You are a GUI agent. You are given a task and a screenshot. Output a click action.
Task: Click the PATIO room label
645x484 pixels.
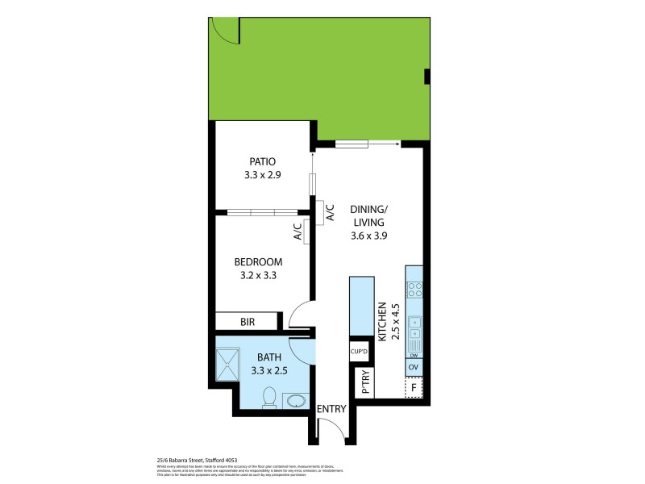click(262, 161)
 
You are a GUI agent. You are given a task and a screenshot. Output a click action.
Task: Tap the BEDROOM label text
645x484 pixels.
click(258, 261)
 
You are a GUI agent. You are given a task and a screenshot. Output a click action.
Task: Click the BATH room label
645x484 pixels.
click(269, 357)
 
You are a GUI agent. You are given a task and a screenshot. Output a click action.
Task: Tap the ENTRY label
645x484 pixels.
click(331, 409)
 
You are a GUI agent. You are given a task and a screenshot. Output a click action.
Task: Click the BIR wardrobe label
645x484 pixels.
click(248, 322)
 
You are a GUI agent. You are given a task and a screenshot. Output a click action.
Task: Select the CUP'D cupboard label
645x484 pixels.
click(359, 352)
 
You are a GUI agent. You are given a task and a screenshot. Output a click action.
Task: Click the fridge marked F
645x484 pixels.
click(414, 387)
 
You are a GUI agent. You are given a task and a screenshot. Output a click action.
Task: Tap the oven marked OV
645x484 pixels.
click(414, 367)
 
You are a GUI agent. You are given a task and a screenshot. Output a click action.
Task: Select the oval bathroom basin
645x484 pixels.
click(296, 401)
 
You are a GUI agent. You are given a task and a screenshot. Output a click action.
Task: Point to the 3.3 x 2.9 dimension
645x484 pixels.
click(262, 175)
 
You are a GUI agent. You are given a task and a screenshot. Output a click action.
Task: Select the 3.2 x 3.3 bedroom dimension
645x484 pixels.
click(258, 275)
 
